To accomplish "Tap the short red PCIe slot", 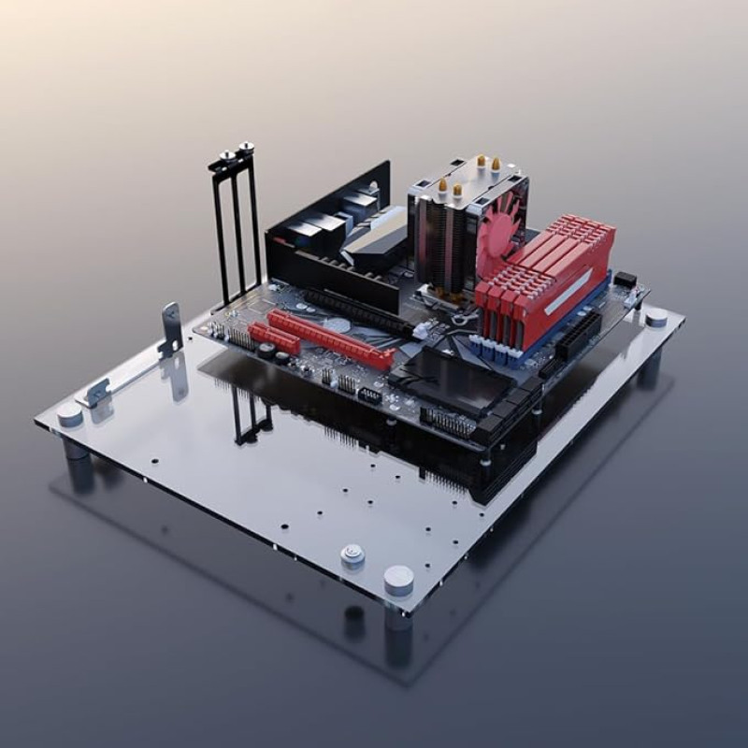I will click(x=274, y=338).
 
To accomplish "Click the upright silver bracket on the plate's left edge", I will click(x=170, y=328).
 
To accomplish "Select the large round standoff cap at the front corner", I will click(x=398, y=580).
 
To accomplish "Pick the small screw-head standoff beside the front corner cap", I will click(x=352, y=555).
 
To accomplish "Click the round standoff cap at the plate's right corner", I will click(x=656, y=317).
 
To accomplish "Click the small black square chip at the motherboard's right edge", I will click(x=624, y=280).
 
